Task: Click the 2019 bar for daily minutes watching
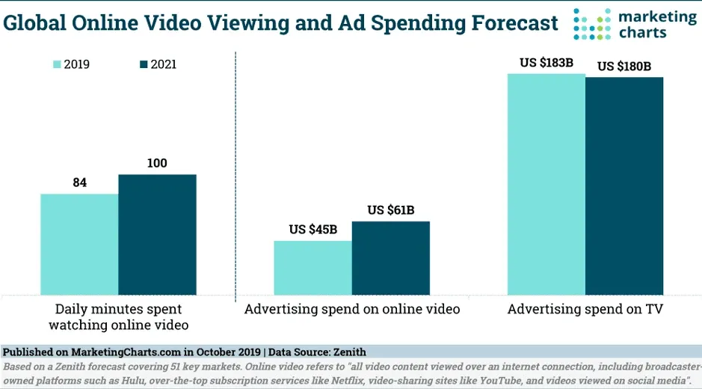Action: (x=79, y=245)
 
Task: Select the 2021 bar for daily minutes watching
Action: (x=157, y=235)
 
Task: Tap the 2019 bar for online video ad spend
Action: (x=312, y=268)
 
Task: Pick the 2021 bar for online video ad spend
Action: (x=390, y=258)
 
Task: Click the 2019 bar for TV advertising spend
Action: (x=546, y=184)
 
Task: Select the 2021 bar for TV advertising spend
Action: (x=624, y=186)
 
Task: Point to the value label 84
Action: (x=79, y=182)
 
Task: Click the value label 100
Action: (x=157, y=162)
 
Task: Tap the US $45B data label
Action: (x=313, y=229)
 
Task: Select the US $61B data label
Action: (x=391, y=209)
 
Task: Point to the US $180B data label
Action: (x=624, y=66)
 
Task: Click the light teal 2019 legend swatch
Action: (x=56, y=64)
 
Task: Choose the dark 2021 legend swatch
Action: (x=144, y=64)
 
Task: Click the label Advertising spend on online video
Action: (x=352, y=308)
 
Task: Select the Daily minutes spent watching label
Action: (x=118, y=316)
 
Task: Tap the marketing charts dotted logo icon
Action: (x=591, y=23)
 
